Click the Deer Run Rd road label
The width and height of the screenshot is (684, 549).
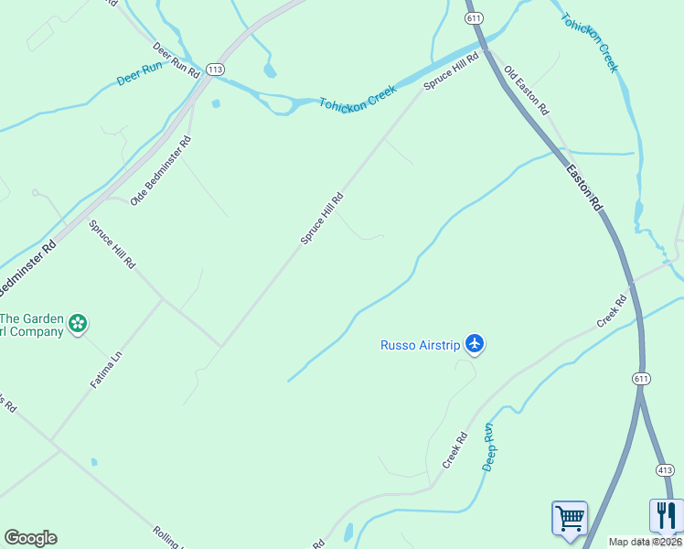click(x=176, y=60)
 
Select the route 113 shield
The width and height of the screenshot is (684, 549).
click(x=215, y=69)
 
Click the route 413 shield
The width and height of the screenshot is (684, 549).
click(x=665, y=469)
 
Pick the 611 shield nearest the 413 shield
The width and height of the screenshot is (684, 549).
click(x=640, y=378)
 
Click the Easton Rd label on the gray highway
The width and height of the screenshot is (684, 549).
click(x=583, y=188)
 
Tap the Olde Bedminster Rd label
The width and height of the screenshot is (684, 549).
click(x=161, y=170)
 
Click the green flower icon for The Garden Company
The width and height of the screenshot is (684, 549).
click(x=79, y=322)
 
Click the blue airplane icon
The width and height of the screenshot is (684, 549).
click(x=474, y=344)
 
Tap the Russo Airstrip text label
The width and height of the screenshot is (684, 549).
click(x=420, y=345)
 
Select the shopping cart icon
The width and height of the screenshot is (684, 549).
click(x=569, y=517)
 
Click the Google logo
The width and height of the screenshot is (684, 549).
click(x=30, y=538)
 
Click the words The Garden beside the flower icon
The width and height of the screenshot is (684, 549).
click(x=32, y=318)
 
